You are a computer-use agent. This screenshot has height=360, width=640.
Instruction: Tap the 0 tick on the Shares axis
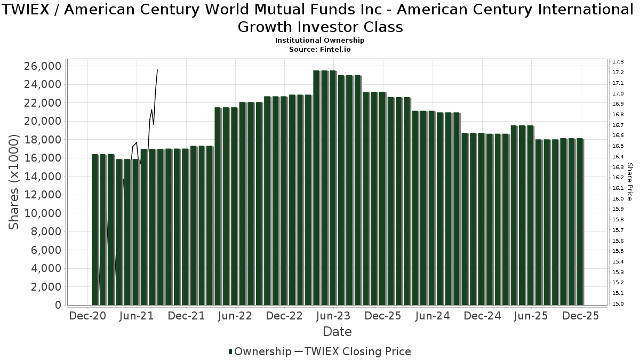(x=57, y=305)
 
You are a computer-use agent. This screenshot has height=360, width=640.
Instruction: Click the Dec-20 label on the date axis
(x=87, y=316)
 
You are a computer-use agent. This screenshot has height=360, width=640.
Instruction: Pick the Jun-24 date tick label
(x=432, y=316)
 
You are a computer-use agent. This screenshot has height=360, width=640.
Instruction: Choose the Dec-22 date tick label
(x=284, y=316)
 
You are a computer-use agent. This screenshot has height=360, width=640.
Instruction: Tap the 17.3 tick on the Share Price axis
(x=619, y=62)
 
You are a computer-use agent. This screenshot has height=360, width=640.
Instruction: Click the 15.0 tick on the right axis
(x=619, y=304)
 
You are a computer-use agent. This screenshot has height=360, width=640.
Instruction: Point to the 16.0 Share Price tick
(x=619, y=198)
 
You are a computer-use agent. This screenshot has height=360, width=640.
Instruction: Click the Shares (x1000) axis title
(x=14, y=182)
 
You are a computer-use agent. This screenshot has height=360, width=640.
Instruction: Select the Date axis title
(x=337, y=332)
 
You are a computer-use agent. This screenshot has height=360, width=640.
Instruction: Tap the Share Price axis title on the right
(x=630, y=182)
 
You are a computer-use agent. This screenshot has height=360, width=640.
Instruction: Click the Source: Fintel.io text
(x=320, y=49)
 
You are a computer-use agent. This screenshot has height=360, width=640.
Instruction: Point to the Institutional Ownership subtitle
(x=320, y=41)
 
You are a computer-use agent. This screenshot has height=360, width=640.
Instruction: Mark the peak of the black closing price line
(x=157, y=70)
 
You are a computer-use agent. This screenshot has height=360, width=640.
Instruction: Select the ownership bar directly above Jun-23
(x=333, y=187)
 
